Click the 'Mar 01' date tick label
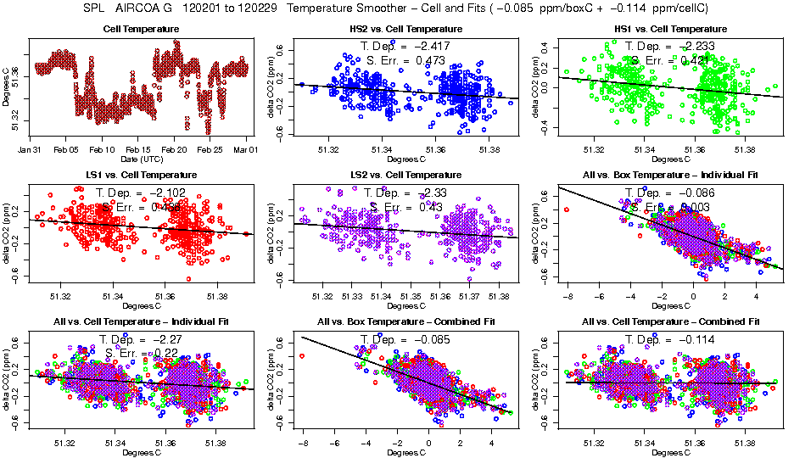pyautogui.click(x=246, y=149)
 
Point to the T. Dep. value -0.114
pyautogui.click(x=691, y=339)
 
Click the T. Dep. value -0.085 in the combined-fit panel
pyautogui.click(x=426, y=339)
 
